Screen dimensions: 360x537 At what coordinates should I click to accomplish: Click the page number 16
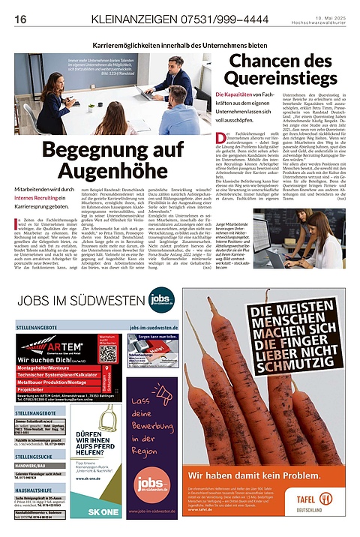(x=20, y=18)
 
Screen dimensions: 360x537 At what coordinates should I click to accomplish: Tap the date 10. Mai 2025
(x=329, y=15)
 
